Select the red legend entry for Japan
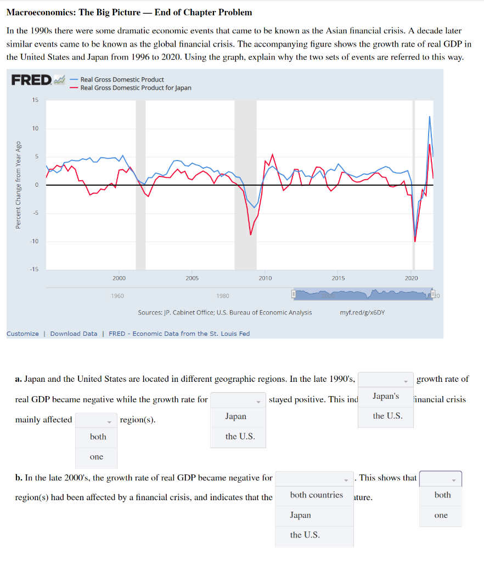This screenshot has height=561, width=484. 136,88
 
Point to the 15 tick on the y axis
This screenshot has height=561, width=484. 35,100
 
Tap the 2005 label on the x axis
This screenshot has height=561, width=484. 192,278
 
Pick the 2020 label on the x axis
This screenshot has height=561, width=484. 411,278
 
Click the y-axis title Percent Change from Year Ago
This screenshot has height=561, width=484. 18,185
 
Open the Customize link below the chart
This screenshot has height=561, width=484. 22,334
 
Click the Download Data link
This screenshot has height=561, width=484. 74,334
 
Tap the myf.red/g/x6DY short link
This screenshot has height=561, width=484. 362,312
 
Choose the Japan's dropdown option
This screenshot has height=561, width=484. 385,396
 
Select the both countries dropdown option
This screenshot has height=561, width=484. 316,495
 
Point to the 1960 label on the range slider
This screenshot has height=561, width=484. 117,296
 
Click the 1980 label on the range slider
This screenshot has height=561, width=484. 223,296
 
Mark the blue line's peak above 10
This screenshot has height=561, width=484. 430,117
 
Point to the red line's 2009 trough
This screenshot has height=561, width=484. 251,234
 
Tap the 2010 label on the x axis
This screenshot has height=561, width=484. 264,278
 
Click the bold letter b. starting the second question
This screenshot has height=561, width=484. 19,478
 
